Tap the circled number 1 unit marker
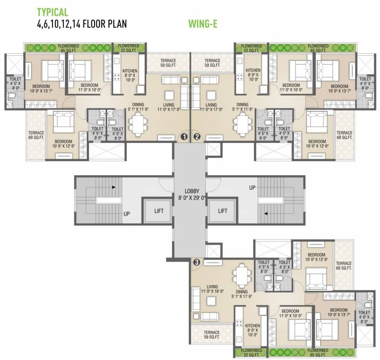[184, 137]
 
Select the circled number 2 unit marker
[197, 137]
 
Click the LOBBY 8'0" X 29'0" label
[190, 194]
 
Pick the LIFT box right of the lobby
[223, 211]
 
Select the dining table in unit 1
[138, 123]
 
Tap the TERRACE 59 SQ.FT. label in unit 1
[168, 63]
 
